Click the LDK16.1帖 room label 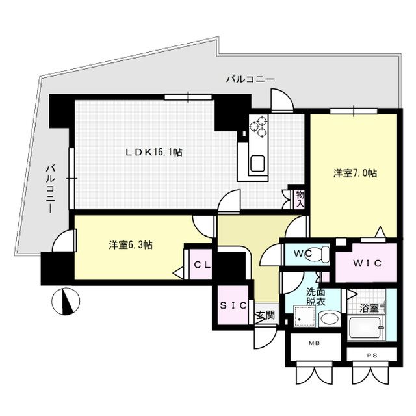(153, 153)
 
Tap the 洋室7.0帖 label (356, 174)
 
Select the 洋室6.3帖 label (130, 245)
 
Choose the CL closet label (201, 265)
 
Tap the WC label (302, 252)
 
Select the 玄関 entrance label (265, 315)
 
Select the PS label (372, 355)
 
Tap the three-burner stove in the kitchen (259, 127)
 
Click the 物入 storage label (299, 198)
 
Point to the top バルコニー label (250, 79)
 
